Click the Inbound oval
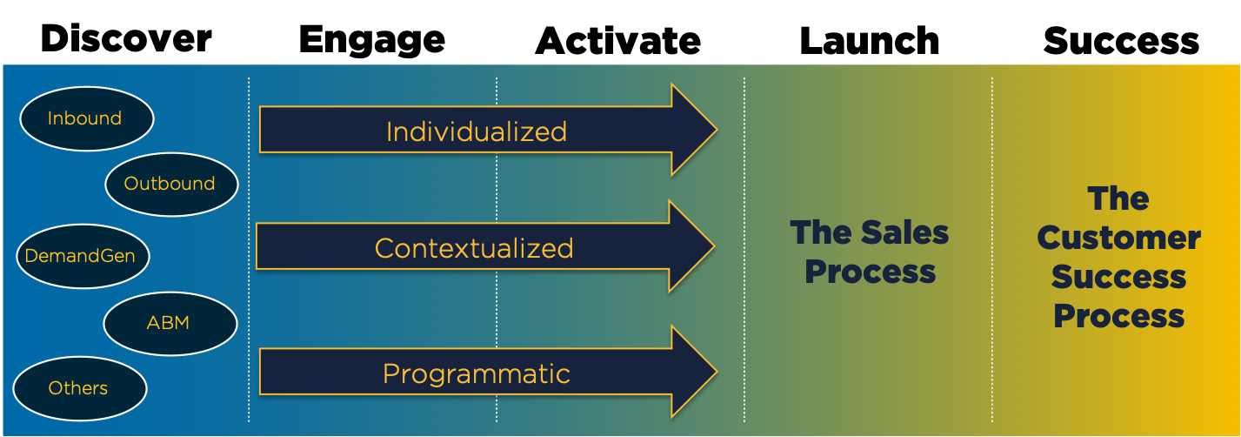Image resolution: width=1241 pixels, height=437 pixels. pyautogui.click(x=86, y=118)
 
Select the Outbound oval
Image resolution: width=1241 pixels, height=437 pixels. pyautogui.click(x=170, y=184)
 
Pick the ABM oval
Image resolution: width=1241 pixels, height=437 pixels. pyautogui.click(x=170, y=323)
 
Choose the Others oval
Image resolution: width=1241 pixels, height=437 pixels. pyautogui.click(x=79, y=388)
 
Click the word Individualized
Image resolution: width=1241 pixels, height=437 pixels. pyautogui.click(x=476, y=131)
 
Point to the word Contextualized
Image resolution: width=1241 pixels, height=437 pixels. pyautogui.click(x=474, y=248)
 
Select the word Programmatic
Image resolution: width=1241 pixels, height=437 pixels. pyautogui.click(x=476, y=373)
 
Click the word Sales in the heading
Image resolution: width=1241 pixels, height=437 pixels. pyautogui.click(x=905, y=232)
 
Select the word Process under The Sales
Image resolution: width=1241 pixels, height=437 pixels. pyautogui.click(x=870, y=272)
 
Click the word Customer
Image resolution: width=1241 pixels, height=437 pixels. pyautogui.click(x=1118, y=238)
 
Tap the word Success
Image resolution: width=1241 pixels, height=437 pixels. pyautogui.click(x=1118, y=277)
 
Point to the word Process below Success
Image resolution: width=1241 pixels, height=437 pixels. pyautogui.click(x=1118, y=316)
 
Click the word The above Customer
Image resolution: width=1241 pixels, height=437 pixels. pyautogui.click(x=1118, y=199)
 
